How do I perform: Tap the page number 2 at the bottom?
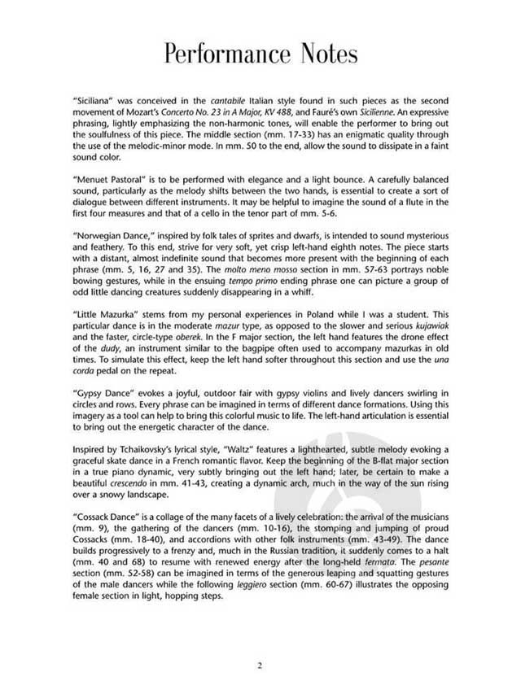[x=260, y=666]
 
